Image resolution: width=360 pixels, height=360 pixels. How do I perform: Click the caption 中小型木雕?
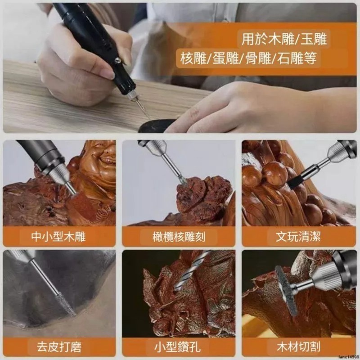59,236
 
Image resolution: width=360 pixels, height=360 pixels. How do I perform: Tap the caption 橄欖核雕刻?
179,236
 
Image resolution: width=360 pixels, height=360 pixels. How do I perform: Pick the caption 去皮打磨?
59,347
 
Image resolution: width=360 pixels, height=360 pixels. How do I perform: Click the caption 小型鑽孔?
179,347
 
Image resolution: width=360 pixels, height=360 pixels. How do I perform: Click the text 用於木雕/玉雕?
284,39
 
